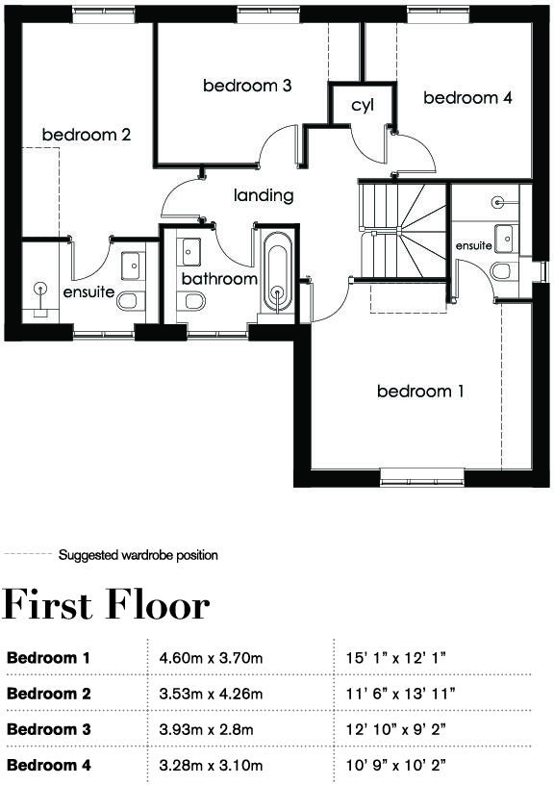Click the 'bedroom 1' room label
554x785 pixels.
[420, 392]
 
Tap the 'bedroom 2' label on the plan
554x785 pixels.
[86, 135]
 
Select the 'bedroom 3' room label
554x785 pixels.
[247, 86]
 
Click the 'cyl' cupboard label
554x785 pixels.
[362, 105]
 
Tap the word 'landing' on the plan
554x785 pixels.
[264, 195]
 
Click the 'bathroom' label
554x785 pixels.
[220, 279]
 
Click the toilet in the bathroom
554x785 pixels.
[193, 302]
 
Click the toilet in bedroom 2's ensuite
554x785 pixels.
[128, 303]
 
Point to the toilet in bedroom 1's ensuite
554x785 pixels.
[502, 271]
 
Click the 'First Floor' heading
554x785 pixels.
[106, 606]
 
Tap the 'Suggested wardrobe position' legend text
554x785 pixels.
[138, 555]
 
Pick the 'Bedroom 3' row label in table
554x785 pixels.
[48, 730]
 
